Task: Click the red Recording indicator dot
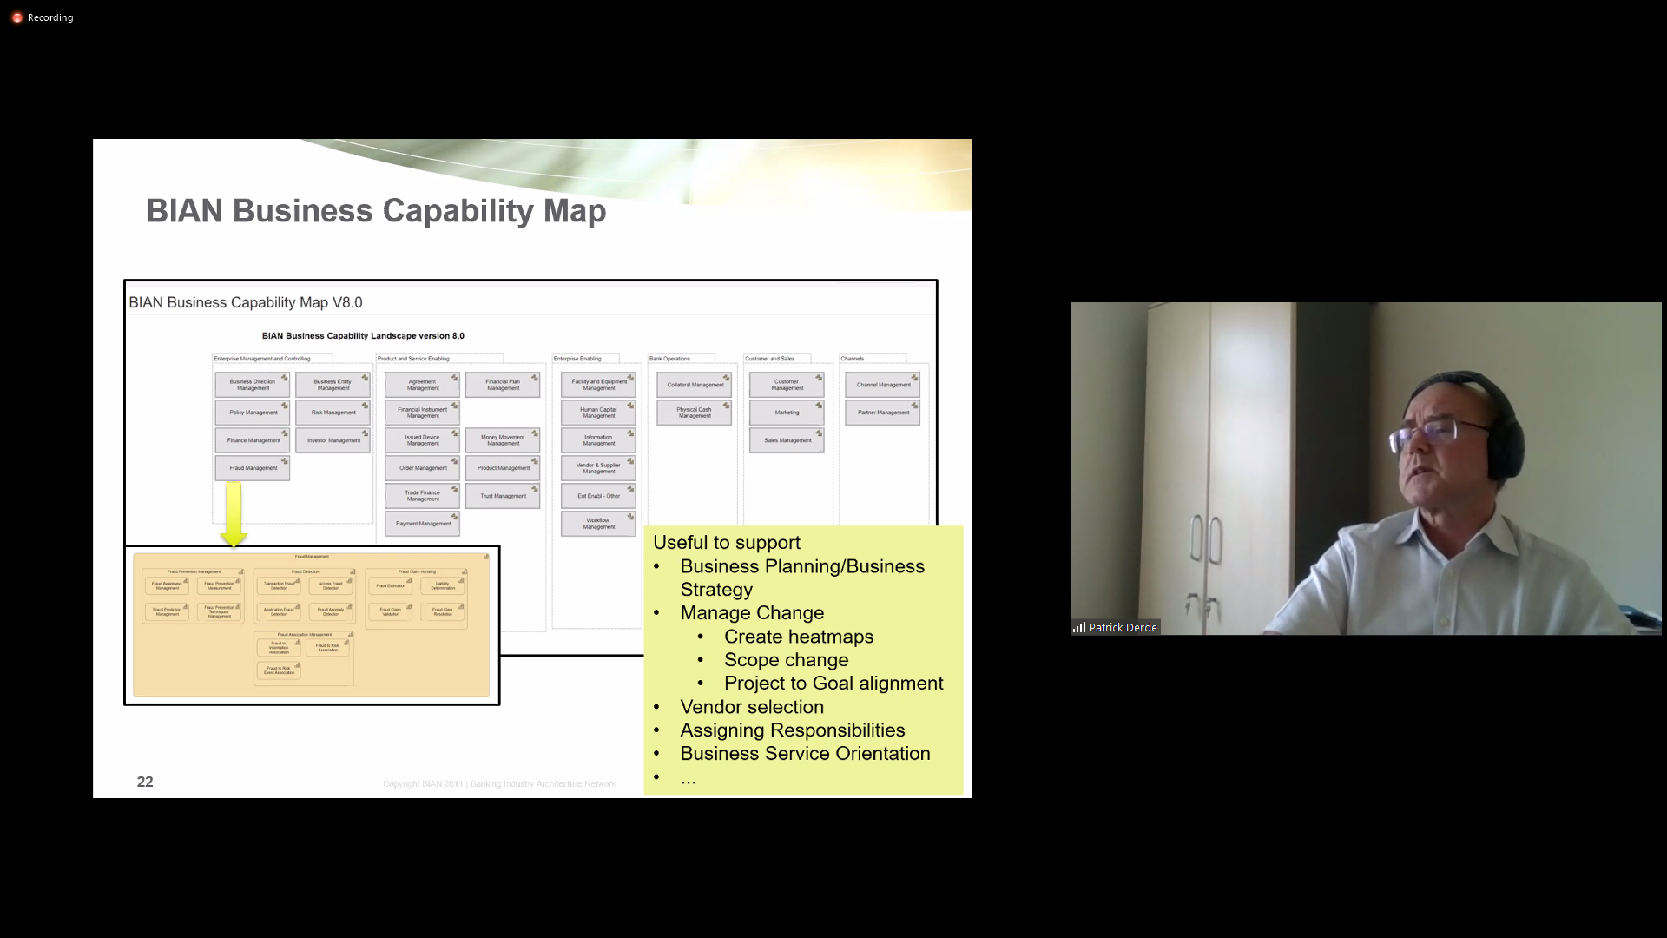pyautogui.click(x=17, y=17)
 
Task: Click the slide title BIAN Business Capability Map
pyautogui.click(x=376, y=211)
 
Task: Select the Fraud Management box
pyautogui.click(x=253, y=468)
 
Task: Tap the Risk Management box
pyautogui.click(x=333, y=413)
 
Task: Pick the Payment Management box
pyautogui.click(x=423, y=524)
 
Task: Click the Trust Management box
pyautogui.click(x=503, y=496)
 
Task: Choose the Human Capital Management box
pyautogui.click(x=598, y=413)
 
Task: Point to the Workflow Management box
pyautogui.click(x=598, y=524)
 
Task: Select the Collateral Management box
pyautogui.click(x=695, y=385)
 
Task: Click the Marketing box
pyautogui.click(x=787, y=413)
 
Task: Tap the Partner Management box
pyautogui.click(x=883, y=413)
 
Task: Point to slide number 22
pyautogui.click(x=145, y=782)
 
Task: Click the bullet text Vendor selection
pyautogui.click(x=752, y=707)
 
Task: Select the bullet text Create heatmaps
pyautogui.click(x=799, y=637)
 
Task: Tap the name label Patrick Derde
pyautogui.click(x=1123, y=627)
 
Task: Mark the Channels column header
pyautogui.click(x=853, y=359)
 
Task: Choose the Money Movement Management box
pyautogui.click(x=503, y=440)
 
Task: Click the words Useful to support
pyautogui.click(x=727, y=543)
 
